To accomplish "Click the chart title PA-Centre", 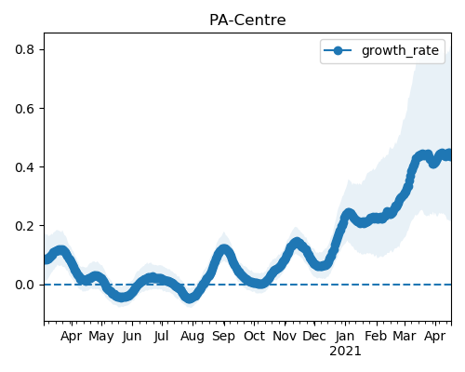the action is coord(247,20).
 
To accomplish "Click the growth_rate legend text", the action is coord(400,50).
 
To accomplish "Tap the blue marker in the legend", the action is coord(338,50).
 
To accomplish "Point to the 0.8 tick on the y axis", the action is coord(24,49).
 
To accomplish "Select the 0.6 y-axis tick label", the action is coord(24,109).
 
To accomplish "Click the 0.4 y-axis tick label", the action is coord(24,167).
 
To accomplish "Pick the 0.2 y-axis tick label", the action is coord(24,226).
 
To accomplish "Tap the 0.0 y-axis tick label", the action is coord(24,285).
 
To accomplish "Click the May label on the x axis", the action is coord(101,337).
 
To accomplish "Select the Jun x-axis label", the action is coord(132,337).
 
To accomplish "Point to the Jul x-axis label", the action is coord(162,337).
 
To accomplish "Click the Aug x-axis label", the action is coord(193,337).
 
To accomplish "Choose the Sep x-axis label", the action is coord(223,337).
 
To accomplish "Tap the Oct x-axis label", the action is coord(254,336).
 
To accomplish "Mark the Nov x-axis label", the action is coord(285,336).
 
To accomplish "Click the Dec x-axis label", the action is coord(314,336).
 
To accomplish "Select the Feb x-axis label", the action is coord(376,336).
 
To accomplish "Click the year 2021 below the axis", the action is coord(345,352).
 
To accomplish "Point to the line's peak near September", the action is coord(224,249).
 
